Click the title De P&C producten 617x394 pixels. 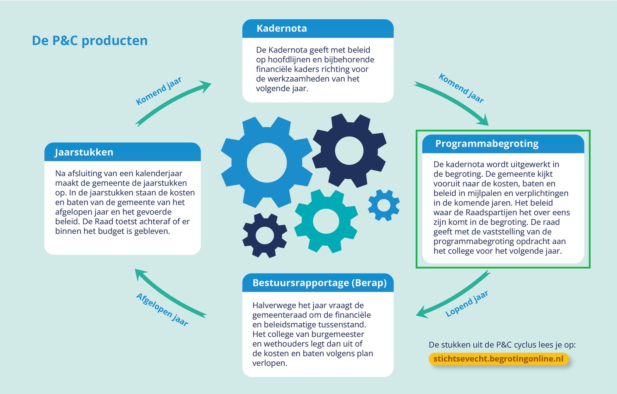[x=90, y=41]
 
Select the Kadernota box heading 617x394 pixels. [x=282, y=28]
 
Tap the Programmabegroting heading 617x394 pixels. [x=487, y=144]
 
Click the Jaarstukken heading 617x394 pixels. [x=84, y=152]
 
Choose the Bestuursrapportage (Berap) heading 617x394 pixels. [x=320, y=283]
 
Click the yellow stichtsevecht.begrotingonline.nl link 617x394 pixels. [x=498, y=359]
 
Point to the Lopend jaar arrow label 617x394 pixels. [x=467, y=304]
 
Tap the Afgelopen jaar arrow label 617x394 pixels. [x=162, y=309]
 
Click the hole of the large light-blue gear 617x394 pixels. [x=266, y=163]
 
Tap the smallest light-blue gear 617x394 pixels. [x=384, y=205]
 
